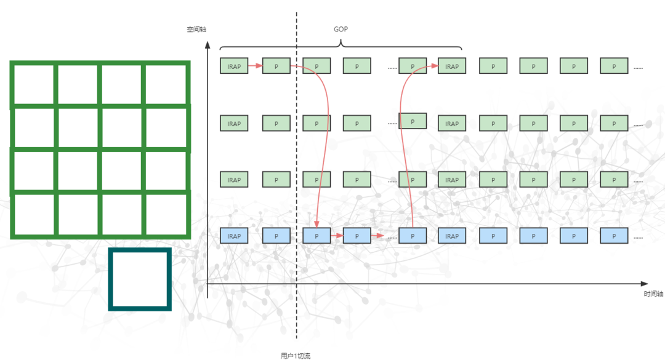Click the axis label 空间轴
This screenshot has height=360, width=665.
197,29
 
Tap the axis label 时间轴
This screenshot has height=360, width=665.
653,294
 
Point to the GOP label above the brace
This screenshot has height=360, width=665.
341,29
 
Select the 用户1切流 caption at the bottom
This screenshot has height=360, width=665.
296,356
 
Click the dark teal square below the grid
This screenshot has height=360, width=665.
140,279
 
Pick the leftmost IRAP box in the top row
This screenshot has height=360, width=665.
234,66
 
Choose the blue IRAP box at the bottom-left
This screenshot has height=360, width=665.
234,236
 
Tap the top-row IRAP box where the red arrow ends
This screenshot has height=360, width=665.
452,66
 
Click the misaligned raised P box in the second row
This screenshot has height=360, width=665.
413,121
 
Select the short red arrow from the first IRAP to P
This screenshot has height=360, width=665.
255,65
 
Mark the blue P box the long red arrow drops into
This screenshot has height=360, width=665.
316,236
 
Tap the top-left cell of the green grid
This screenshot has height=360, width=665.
34,84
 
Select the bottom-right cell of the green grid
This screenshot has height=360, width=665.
166,214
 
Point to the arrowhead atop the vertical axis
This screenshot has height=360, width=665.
208,46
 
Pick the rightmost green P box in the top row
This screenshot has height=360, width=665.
614,66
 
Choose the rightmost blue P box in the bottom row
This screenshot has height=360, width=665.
614,236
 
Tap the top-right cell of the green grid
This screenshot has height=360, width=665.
166,84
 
